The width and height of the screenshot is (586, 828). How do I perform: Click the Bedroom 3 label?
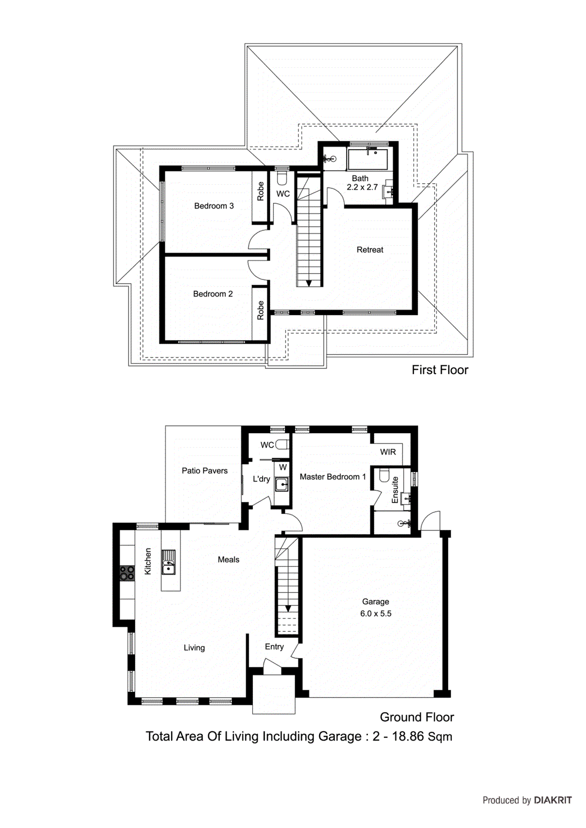point(213,206)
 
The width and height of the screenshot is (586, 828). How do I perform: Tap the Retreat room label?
point(370,250)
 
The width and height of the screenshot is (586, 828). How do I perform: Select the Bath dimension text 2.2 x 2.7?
point(362,187)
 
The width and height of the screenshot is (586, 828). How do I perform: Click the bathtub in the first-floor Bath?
point(367,159)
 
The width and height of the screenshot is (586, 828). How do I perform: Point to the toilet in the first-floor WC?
point(282,179)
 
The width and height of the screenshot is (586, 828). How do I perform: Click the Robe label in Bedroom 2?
point(261,310)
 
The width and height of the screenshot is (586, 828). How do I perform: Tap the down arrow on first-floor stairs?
point(309,283)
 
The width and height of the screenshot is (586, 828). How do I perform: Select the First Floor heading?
point(439,370)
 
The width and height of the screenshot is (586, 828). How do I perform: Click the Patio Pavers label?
point(205,471)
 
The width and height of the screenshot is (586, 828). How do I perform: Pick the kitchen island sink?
point(168,563)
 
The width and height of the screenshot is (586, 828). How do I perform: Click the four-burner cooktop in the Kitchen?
point(127,573)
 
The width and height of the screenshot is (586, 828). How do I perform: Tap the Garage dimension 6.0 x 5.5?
point(376,614)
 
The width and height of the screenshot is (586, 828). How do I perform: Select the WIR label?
point(388,452)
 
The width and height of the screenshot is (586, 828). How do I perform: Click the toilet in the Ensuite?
point(384,475)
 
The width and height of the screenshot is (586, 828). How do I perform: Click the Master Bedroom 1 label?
point(333,477)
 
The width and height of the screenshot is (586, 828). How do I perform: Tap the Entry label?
point(274,647)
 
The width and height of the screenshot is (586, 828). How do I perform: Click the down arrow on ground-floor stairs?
point(288,609)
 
